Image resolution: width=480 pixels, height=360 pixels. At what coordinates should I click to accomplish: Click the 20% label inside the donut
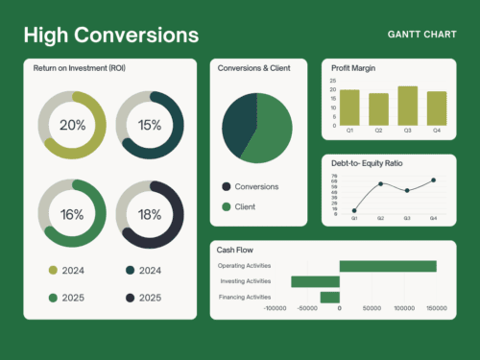click(72, 126)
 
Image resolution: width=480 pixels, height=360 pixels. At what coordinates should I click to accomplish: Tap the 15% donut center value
click(149, 126)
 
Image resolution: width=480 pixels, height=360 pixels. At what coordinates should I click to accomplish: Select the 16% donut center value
click(72, 214)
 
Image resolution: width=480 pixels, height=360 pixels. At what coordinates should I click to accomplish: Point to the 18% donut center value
click(149, 214)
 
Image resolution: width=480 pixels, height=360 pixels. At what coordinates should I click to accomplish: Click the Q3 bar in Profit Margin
click(407, 105)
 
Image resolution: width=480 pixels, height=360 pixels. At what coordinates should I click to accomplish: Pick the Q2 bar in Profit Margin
click(379, 108)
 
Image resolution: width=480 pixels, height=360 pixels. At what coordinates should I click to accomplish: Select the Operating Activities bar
click(388, 266)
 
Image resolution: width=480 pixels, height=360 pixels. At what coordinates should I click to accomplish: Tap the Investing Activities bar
click(316, 281)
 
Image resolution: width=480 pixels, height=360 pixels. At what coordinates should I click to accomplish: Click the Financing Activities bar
click(329, 297)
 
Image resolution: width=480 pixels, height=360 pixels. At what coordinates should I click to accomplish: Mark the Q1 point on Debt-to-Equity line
click(354, 210)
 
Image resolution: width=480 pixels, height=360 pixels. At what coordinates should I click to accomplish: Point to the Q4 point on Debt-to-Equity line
click(433, 180)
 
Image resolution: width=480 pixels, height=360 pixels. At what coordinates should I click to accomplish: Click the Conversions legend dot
click(227, 186)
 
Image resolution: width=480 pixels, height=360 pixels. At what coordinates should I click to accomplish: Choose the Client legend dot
click(227, 206)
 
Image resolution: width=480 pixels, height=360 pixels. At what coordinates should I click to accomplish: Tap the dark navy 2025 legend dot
click(129, 298)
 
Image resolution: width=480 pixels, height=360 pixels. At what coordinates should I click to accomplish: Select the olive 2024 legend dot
click(53, 270)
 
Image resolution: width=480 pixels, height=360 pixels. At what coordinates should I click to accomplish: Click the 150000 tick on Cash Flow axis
click(437, 309)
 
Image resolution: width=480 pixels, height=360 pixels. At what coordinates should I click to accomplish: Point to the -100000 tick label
click(276, 309)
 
